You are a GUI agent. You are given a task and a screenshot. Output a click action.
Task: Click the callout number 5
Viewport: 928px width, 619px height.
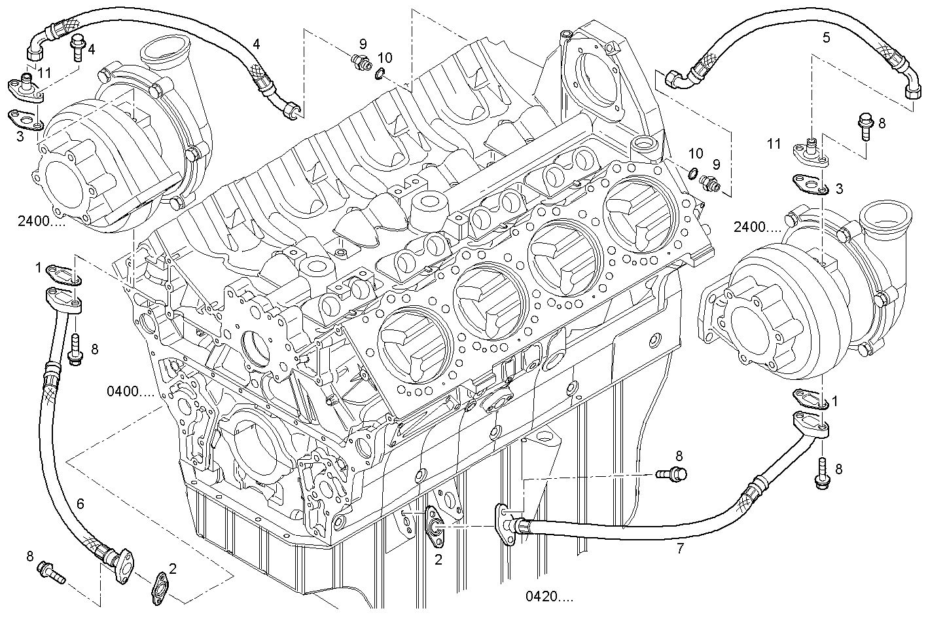(x=826, y=37)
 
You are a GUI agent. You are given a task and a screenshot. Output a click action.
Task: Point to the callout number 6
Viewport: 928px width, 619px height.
(x=80, y=504)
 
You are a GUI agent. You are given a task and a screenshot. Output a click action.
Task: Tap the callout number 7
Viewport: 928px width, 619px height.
(x=680, y=549)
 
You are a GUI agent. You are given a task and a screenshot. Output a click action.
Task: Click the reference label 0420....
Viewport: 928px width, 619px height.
(x=548, y=597)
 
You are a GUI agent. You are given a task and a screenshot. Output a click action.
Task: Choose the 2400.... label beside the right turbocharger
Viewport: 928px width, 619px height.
(x=757, y=227)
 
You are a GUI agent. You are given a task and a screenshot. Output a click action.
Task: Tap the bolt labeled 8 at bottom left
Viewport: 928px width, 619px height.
(x=51, y=571)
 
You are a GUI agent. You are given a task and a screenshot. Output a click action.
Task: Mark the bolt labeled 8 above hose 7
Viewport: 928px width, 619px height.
(x=672, y=473)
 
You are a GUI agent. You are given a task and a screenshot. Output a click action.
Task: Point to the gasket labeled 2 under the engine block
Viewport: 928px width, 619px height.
(x=433, y=523)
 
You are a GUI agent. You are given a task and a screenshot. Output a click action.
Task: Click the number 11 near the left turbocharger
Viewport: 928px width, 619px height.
(x=43, y=72)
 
